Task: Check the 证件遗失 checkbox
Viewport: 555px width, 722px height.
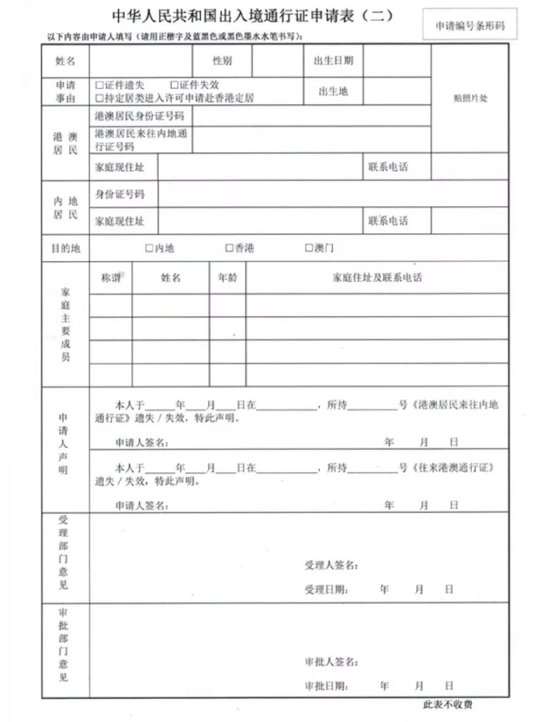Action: [99, 85]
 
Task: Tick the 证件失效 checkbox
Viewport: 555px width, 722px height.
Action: [174, 85]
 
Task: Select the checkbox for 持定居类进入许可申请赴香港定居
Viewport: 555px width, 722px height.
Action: [99, 98]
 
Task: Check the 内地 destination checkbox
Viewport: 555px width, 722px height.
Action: [149, 248]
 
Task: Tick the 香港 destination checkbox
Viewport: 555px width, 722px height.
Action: [229, 248]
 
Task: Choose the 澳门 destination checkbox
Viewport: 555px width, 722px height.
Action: [309, 248]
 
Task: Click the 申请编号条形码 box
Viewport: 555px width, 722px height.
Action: [470, 26]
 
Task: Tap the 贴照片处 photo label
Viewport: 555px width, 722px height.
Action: [470, 98]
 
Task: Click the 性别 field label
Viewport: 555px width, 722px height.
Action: [222, 61]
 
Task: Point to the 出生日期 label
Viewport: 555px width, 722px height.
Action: [333, 61]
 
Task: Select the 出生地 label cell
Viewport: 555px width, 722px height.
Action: [333, 92]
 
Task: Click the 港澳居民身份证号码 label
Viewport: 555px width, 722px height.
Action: [139, 116]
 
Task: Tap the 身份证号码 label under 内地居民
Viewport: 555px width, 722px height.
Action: [120, 194]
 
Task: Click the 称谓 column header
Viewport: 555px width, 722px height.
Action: [110, 278]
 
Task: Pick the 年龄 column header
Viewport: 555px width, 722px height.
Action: [228, 278]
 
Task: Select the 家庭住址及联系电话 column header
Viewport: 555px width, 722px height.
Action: [377, 278]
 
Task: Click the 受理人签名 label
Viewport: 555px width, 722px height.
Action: [331, 565]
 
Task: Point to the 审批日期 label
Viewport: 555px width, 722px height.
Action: [326, 686]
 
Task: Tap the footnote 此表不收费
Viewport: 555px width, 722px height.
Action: [447, 705]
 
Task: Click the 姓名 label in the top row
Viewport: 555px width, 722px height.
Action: [65, 61]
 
